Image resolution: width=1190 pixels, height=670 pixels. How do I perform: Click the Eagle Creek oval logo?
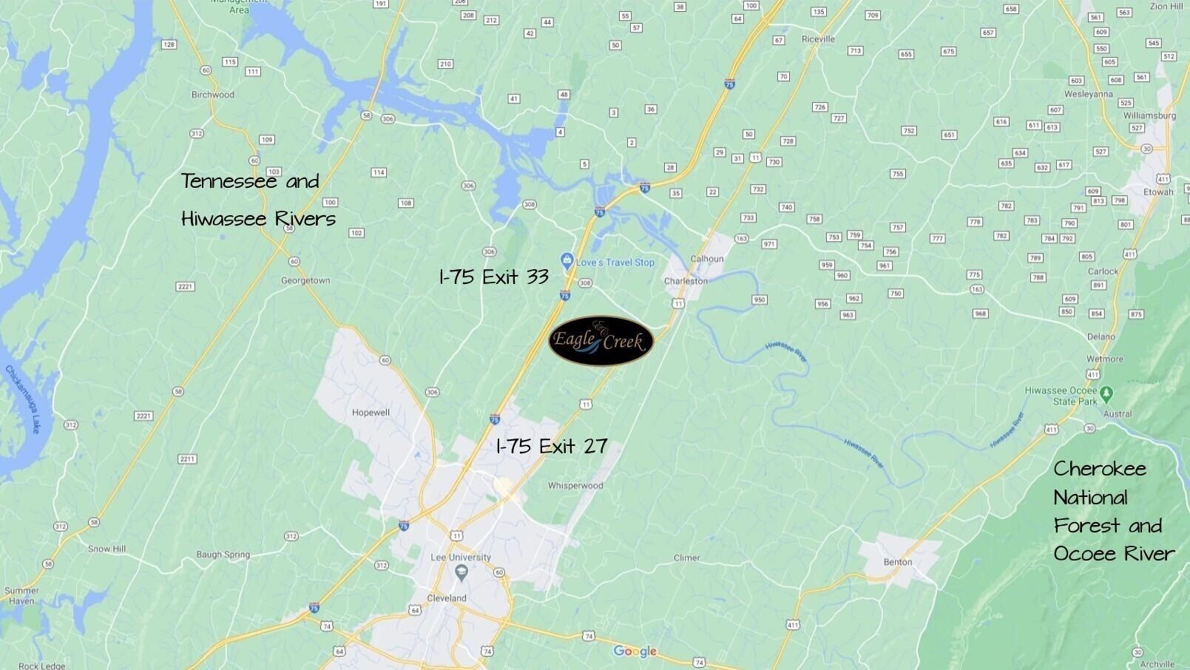(x=601, y=341)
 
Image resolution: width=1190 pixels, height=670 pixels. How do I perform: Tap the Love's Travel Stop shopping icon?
(x=567, y=260)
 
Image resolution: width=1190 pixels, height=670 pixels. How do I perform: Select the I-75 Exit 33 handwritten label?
(x=493, y=277)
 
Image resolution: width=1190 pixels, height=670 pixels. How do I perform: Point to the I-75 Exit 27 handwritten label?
(x=552, y=446)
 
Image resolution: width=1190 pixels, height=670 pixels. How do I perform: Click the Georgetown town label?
(x=305, y=281)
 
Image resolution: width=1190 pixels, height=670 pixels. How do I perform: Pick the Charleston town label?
(x=686, y=281)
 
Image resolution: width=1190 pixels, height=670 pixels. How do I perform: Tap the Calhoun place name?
(x=706, y=259)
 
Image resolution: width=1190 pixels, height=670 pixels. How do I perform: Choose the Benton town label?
(x=898, y=562)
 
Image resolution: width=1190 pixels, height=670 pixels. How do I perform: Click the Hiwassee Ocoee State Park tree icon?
(x=1106, y=392)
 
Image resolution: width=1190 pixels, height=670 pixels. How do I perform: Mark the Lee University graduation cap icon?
(x=462, y=571)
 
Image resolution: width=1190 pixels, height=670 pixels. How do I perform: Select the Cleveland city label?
(x=447, y=598)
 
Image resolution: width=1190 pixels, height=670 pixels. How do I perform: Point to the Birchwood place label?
(x=213, y=95)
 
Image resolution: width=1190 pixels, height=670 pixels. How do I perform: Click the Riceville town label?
(x=818, y=39)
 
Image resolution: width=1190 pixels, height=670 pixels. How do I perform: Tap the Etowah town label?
(x=1158, y=192)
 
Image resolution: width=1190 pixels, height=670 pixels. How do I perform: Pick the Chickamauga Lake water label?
(x=23, y=399)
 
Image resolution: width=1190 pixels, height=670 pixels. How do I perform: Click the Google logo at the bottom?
(x=635, y=652)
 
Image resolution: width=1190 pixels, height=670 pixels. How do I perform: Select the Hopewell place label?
(x=371, y=413)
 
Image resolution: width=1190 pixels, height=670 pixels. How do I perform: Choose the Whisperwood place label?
(x=575, y=486)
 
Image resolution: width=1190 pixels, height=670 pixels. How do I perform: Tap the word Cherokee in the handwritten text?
(x=1100, y=469)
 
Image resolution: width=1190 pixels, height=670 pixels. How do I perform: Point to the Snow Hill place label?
(x=107, y=549)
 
